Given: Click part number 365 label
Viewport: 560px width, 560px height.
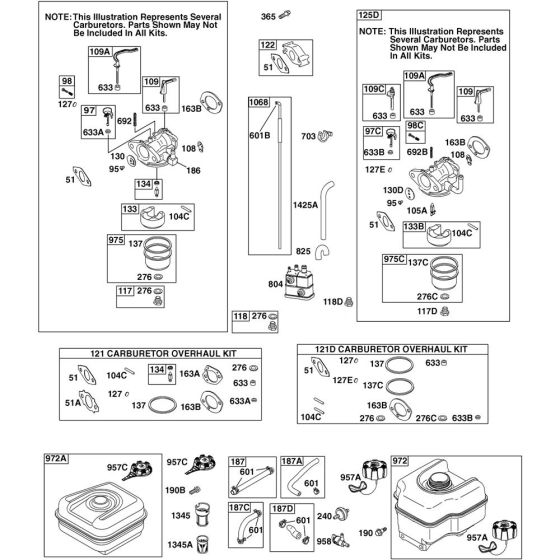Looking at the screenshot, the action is [268, 16].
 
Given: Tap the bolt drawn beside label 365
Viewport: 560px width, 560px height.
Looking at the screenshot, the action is [285, 15].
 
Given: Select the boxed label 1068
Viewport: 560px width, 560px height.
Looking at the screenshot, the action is [259, 102].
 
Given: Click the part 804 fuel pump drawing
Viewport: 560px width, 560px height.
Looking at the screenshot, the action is [300, 281].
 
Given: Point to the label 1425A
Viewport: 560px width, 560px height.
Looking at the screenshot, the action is [305, 205].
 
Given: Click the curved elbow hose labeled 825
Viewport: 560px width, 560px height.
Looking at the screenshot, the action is [322, 252].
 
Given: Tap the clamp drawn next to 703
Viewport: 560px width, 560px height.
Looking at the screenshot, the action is [325, 135].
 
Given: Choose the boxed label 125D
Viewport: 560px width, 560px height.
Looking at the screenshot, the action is [369, 15].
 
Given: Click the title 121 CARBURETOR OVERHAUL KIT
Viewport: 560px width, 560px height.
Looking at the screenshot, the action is [163, 354].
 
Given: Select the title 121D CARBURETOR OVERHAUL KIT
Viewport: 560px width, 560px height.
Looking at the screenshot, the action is [391, 349].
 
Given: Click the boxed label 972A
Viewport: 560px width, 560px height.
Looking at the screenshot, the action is [56, 459].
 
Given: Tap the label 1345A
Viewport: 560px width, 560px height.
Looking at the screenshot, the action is [180, 545].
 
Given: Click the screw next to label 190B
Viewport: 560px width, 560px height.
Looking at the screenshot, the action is [195, 490].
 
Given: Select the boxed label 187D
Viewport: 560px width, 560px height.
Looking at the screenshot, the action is [282, 508].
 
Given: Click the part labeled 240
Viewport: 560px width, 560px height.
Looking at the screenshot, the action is [341, 514].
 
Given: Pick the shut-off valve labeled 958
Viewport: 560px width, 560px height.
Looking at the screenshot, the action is [340, 540].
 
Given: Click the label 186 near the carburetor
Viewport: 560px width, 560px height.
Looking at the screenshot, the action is [193, 171].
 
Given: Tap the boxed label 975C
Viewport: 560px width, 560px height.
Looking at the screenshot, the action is [394, 259].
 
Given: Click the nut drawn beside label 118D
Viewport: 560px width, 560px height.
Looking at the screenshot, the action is [349, 302].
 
